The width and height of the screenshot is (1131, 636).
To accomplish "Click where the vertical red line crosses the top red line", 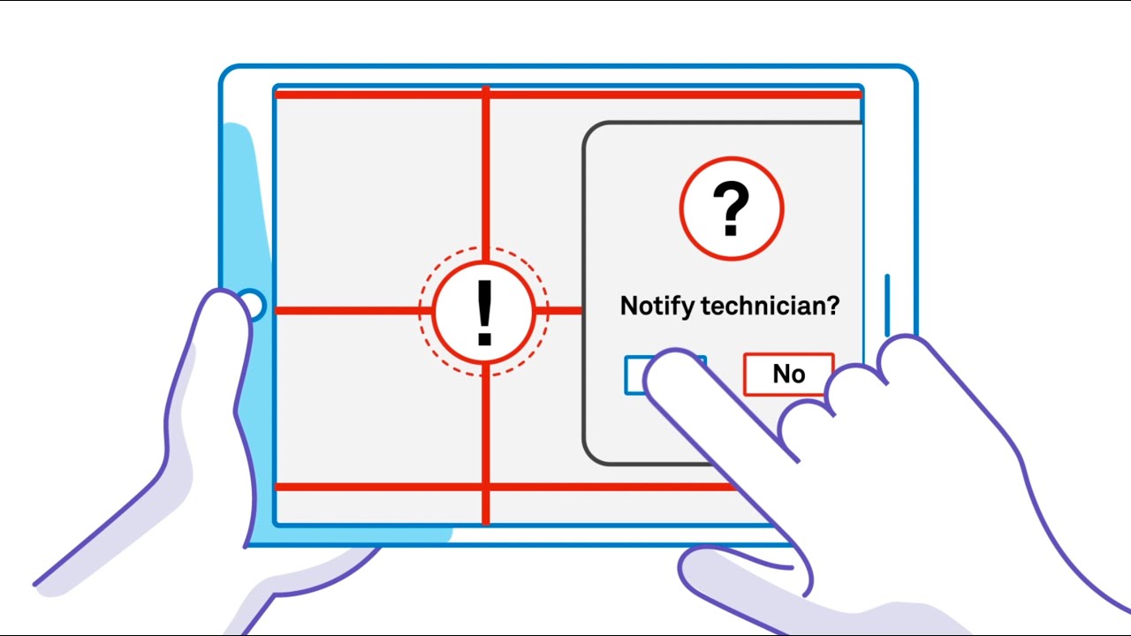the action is point(486,95).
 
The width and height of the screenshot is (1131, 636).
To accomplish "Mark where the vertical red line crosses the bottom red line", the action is point(486,487).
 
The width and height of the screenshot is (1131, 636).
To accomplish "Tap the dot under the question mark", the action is point(731,231).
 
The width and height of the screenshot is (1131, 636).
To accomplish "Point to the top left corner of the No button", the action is point(744,354).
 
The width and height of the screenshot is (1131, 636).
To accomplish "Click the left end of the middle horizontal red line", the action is point(276,310).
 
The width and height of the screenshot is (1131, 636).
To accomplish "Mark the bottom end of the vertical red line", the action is point(486,524).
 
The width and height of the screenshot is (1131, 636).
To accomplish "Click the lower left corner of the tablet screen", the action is point(274,526).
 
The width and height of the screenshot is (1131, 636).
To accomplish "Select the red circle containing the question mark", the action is point(731,208).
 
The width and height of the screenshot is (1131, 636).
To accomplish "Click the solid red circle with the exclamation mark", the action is point(484,312).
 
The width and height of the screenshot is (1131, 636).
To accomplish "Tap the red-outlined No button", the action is point(789,374).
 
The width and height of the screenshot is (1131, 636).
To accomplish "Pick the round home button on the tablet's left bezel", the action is point(253,306).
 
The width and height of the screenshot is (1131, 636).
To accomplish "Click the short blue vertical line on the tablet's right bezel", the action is point(887,305).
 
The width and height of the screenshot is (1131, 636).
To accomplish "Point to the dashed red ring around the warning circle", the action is point(483,312).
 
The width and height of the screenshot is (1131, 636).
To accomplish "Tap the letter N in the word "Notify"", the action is point(629,306).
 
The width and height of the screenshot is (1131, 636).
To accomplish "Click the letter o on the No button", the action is point(798,376).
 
